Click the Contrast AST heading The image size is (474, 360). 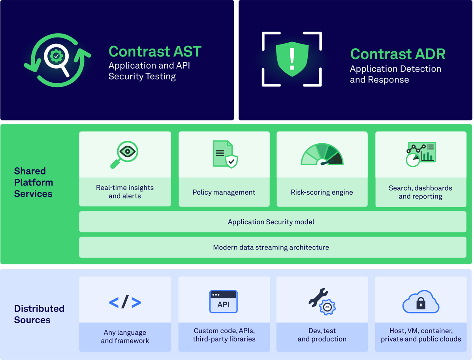tap(155, 52)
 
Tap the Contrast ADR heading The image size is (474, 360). tap(398, 54)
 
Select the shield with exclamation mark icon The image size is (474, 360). tap(292, 60)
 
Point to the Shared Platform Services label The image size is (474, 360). tap(34, 182)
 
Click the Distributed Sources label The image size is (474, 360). tap(39, 314)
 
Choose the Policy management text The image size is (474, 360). tap(224, 192)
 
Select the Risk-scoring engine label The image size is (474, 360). tap(322, 192)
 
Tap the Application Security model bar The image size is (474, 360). tap(271, 222)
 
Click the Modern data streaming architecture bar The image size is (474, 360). tap(271, 247)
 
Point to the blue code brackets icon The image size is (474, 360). tap(125, 302)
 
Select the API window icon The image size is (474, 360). tap(224, 302)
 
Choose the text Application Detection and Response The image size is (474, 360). tap(395, 74)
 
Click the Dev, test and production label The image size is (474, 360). tap(322, 335)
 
